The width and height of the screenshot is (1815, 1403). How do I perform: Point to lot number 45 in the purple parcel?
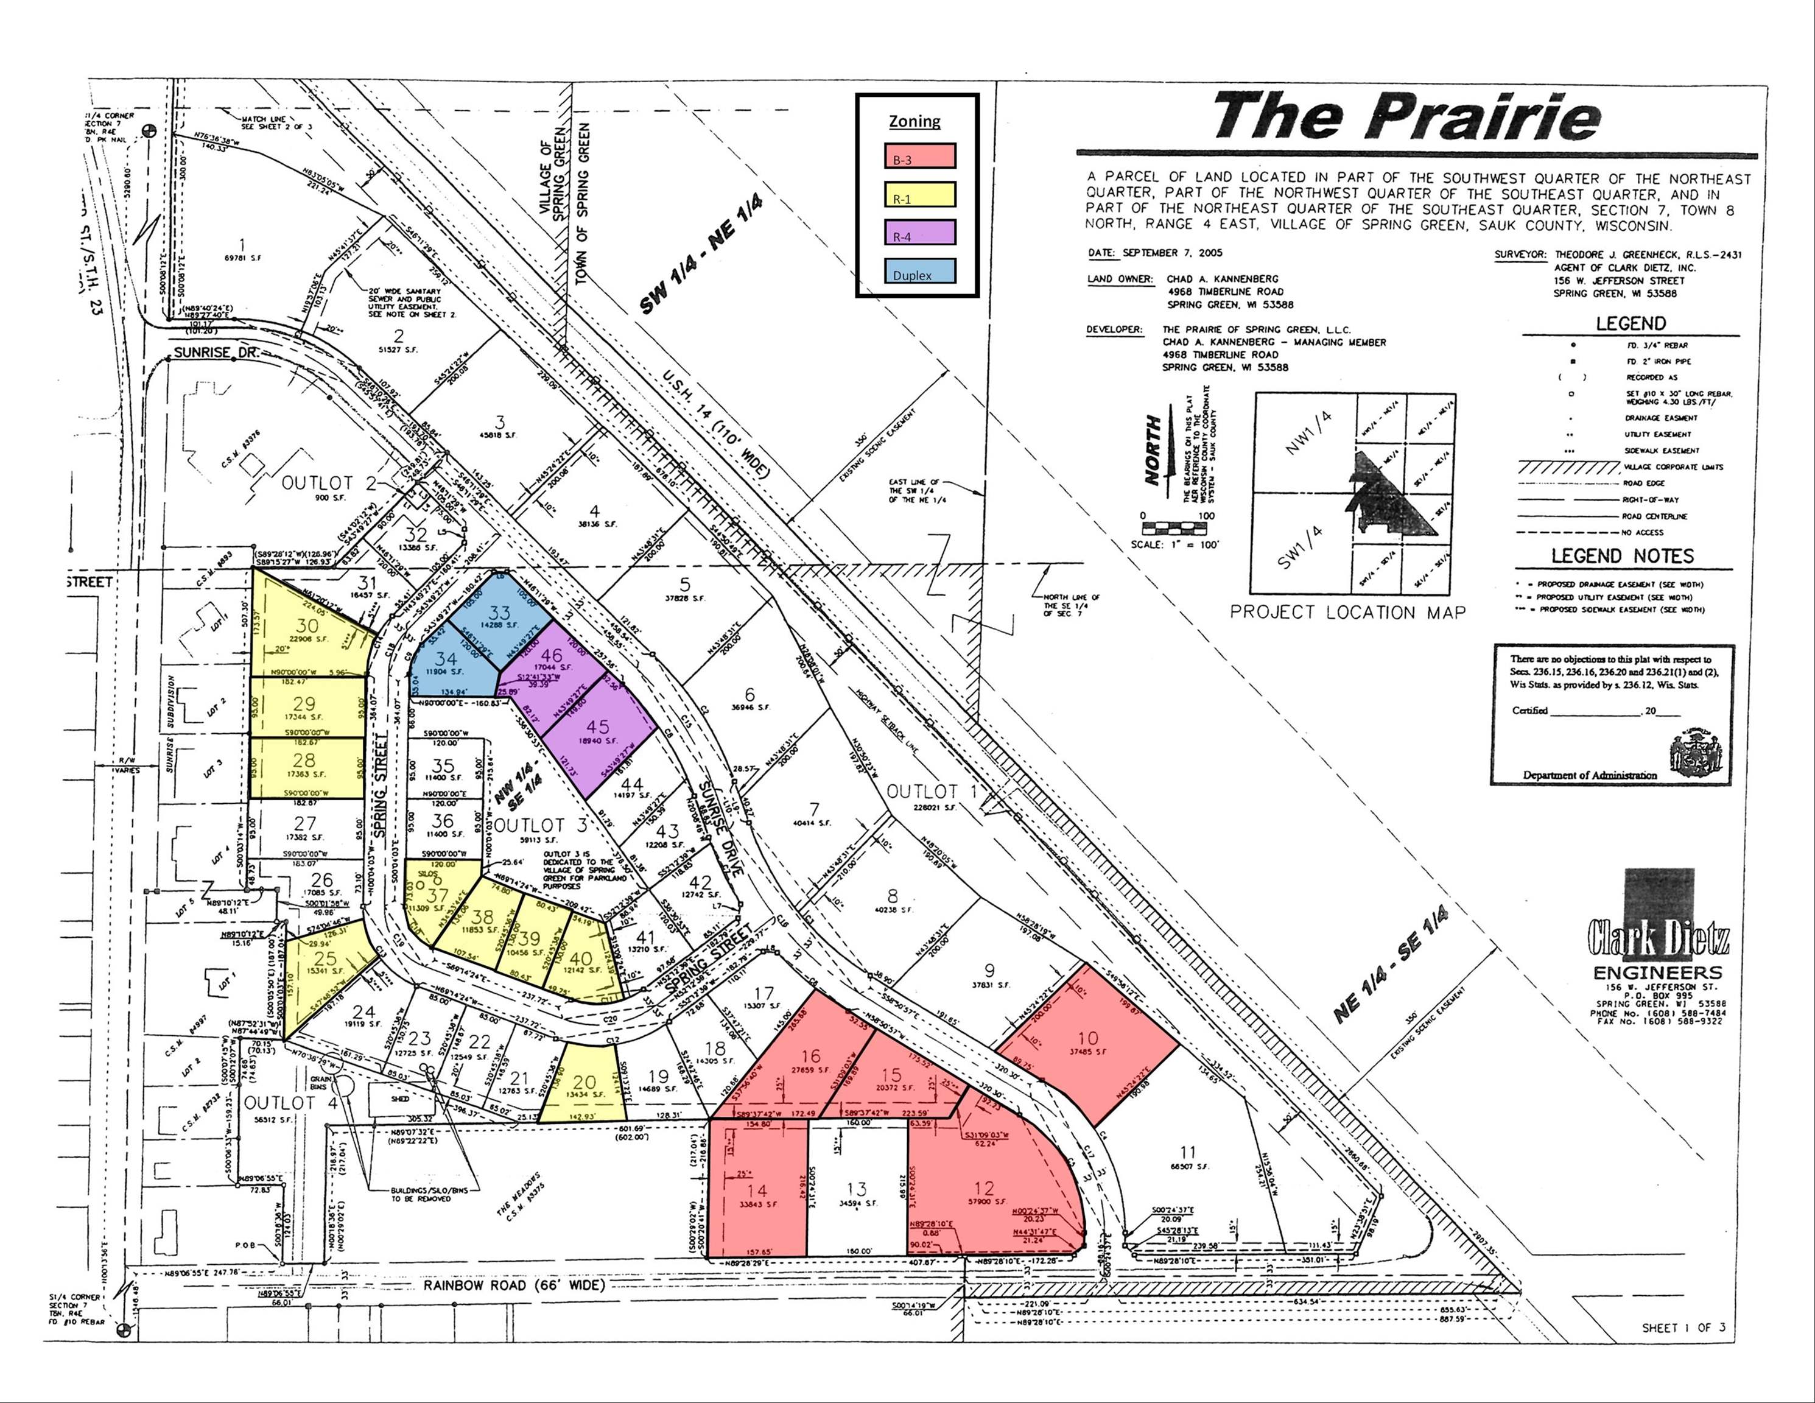click(597, 726)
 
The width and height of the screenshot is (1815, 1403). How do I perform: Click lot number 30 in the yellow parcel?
click(307, 626)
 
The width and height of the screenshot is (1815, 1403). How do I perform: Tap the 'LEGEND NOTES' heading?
click(1621, 556)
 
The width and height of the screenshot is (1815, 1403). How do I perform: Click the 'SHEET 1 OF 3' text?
click(1683, 1327)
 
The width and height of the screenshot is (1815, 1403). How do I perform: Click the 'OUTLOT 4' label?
click(280, 1103)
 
